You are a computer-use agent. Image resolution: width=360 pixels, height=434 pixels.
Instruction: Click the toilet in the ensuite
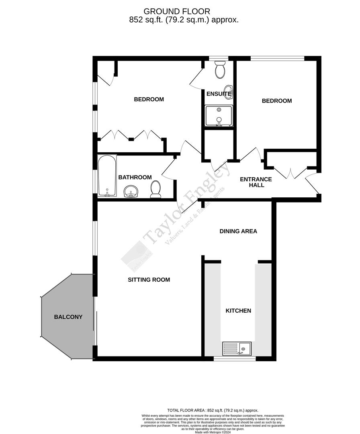[x=220, y=70]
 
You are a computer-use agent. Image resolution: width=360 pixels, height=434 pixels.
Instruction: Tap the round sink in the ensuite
[x=228, y=90]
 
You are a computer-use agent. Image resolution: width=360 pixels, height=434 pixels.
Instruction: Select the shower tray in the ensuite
[x=219, y=115]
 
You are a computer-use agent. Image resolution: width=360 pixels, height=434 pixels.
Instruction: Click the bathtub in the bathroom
[x=107, y=176]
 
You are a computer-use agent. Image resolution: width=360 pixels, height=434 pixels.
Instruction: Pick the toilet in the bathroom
[x=155, y=189]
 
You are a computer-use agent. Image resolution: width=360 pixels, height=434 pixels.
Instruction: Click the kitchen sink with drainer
[x=237, y=348]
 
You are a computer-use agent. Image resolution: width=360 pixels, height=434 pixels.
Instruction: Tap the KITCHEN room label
[x=238, y=311]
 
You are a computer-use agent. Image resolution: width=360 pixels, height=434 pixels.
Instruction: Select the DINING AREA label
[x=238, y=231]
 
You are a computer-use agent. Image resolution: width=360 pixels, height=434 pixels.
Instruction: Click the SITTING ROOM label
[x=149, y=280]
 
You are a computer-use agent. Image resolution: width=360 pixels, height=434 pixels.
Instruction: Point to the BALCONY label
[x=68, y=317]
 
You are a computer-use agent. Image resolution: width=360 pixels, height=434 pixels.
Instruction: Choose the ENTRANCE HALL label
[x=256, y=182]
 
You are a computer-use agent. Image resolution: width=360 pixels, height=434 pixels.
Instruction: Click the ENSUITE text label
[x=219, y=94]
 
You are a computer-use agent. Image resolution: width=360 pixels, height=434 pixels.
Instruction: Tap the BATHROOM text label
[x=135, y=177]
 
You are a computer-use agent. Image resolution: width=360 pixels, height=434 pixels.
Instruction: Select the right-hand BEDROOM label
[x=277, y=101]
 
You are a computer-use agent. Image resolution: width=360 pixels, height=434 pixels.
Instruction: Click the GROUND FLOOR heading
[x=177, y=11]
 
